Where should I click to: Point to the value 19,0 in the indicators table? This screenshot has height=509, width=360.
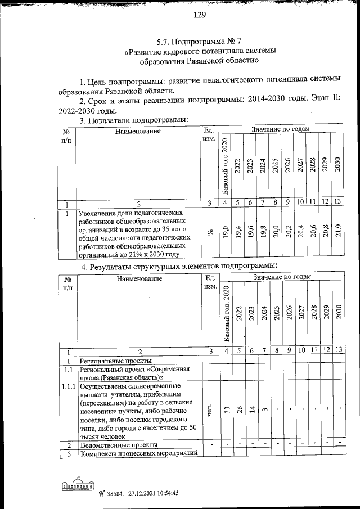point(225,232)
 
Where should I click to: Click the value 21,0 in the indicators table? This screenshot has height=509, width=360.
point(337,232)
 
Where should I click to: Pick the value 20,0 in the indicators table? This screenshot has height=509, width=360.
point(275,232)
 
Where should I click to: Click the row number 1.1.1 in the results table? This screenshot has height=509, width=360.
point(67,386)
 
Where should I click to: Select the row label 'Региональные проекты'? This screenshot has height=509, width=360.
point(115,361)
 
